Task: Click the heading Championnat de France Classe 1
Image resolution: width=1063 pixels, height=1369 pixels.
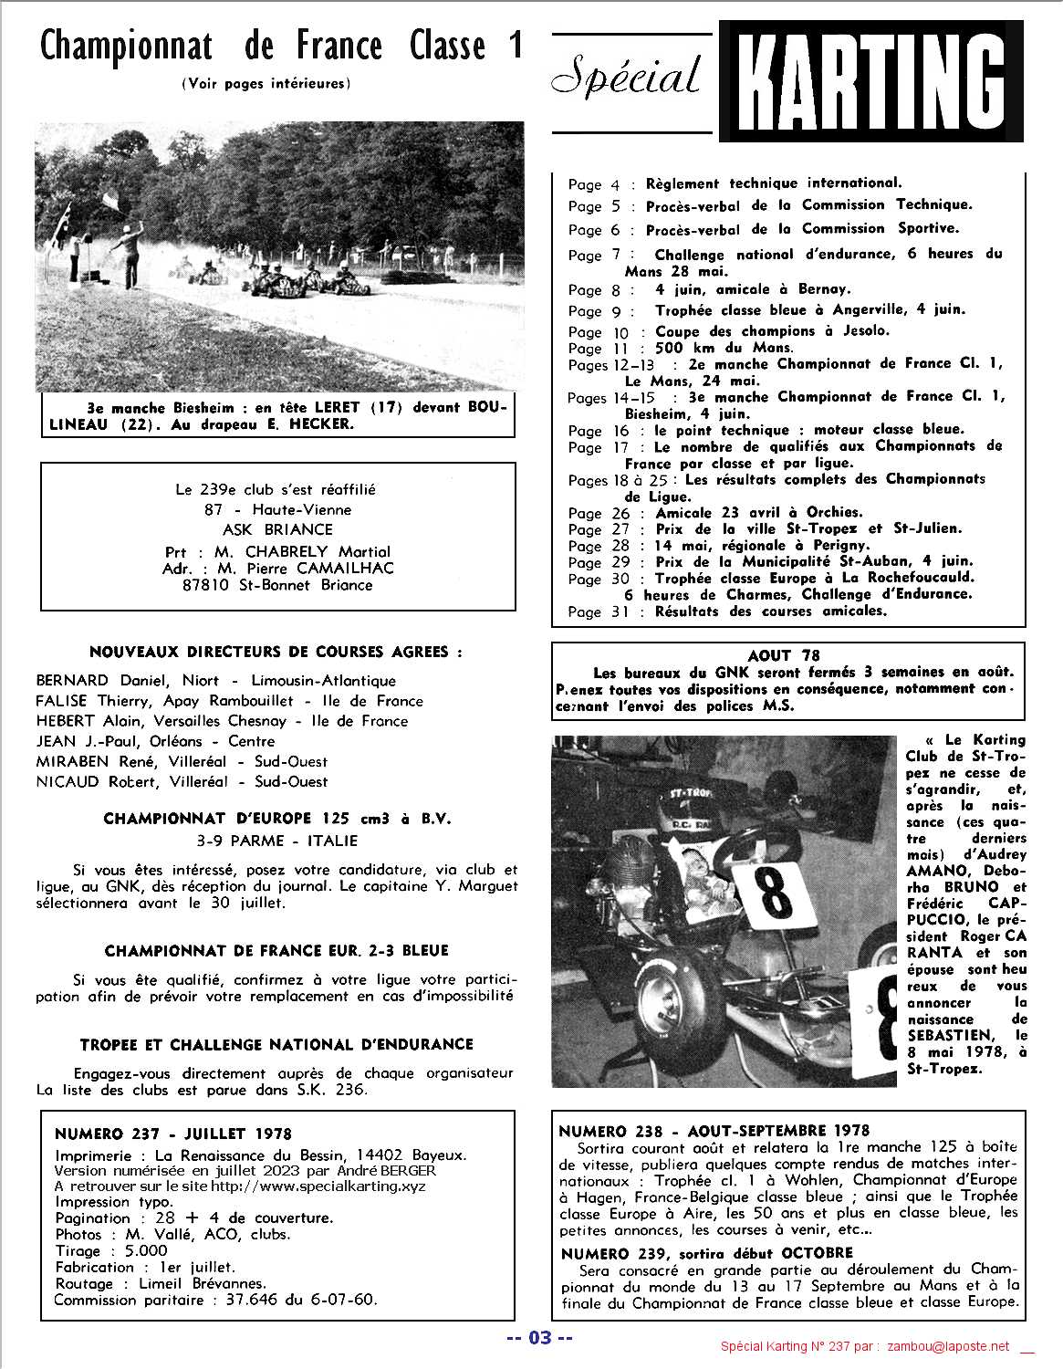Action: tap(282, 46)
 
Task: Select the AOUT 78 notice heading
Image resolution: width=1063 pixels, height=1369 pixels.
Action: tap(783, 655)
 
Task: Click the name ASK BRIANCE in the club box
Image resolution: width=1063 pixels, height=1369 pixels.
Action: tap(278, 529)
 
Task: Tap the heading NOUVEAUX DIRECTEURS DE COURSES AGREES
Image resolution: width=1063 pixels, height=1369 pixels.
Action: tap(276, 652)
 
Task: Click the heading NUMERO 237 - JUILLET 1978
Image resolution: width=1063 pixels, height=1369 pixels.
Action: tap(173, 1134)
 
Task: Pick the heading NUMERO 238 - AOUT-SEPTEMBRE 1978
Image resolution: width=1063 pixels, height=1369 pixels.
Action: tap(714, 1130)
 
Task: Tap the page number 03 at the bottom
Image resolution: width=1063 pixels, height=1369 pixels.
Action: tap(540, 1339)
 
